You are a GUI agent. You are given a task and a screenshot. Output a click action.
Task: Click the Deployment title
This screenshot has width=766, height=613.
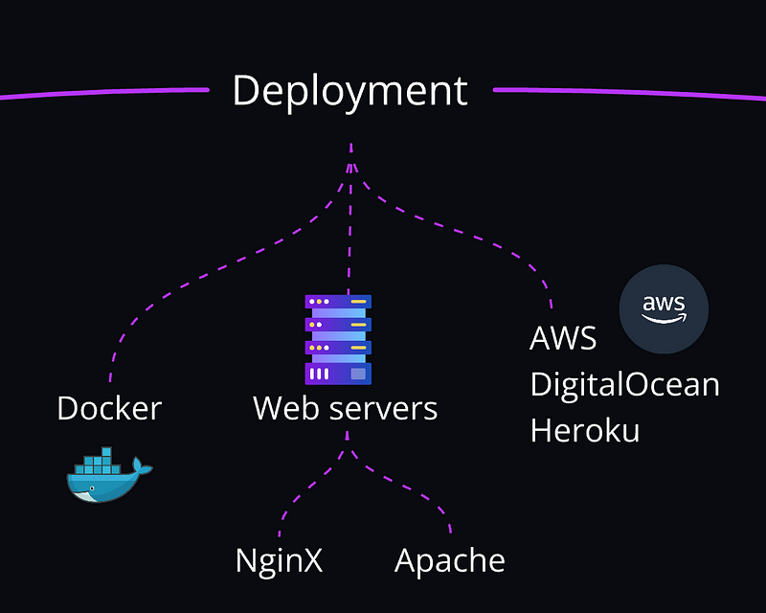pos(349,91)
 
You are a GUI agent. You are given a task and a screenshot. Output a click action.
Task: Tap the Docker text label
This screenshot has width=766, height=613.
pos(109,409)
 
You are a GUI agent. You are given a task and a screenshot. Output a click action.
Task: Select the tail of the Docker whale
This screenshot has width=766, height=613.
pos(142,466)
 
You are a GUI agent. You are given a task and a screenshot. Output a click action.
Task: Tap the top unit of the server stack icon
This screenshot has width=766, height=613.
pos(338,302)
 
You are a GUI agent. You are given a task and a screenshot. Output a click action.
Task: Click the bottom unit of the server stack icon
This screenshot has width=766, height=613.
pos(338,373)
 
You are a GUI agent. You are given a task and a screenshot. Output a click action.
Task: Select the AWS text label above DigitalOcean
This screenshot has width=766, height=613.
pos(563,338)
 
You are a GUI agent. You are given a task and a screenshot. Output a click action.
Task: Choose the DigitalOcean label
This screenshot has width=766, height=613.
pos(624,384)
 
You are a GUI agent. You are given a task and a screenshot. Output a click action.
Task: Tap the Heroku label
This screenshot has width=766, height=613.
pos(585,430)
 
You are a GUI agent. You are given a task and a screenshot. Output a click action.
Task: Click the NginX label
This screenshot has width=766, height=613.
pos(279,560)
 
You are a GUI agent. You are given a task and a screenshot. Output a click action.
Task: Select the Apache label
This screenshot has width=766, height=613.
pos(449,560)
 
